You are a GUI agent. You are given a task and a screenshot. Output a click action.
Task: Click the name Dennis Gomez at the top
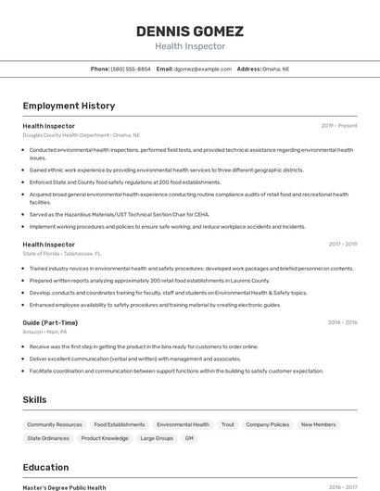(189, 31)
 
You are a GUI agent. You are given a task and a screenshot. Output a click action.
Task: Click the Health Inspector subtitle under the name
(189, 46)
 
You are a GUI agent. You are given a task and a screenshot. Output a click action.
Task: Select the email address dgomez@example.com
(203, 69)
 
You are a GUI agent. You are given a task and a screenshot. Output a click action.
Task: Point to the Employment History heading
(69, 106)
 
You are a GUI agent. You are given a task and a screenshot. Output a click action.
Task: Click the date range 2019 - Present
(339, 125)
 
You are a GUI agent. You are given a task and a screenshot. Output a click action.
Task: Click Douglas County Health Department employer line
(82, 134)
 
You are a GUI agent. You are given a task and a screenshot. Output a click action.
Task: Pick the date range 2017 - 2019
(343, 244)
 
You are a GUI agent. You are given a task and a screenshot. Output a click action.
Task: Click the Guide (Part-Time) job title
(50, 322)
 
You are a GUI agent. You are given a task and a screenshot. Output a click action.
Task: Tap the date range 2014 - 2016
(343, 322)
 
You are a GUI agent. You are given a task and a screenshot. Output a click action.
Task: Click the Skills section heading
(35, 399)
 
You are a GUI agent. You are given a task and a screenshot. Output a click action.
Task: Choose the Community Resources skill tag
(55, 424)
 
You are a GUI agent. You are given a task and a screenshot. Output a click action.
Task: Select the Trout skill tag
(227, 424)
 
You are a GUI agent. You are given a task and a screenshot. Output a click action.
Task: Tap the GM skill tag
(189, 438)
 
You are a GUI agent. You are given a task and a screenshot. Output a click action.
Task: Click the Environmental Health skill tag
(183, 424)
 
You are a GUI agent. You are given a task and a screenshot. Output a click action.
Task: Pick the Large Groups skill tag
(157, 438)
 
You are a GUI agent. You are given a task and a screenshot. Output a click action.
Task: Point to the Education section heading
(45, 467)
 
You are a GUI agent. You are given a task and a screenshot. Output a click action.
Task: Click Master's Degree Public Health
(64, 487)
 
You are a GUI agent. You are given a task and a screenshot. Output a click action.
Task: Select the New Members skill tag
(319, 424)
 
